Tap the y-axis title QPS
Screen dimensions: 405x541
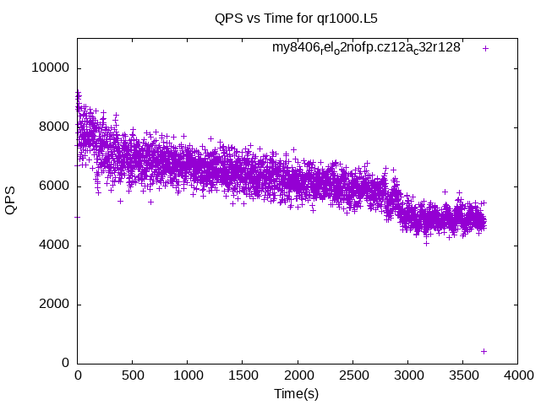tap(11, 199)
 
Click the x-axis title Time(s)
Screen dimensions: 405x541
tap(297, 394)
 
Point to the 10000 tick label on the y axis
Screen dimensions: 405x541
tap(48, 68)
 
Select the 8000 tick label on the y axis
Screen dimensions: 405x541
tap(52, 127)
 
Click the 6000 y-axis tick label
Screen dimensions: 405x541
tap(52, 186)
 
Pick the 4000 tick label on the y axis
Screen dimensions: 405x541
tap(52, 246)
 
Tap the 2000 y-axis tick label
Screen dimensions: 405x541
tap(52, 305)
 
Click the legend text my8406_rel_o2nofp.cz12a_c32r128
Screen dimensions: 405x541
tap(366, 48)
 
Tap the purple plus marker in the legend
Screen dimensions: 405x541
tap(485, 48)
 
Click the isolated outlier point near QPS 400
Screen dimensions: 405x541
tap(484, 351)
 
